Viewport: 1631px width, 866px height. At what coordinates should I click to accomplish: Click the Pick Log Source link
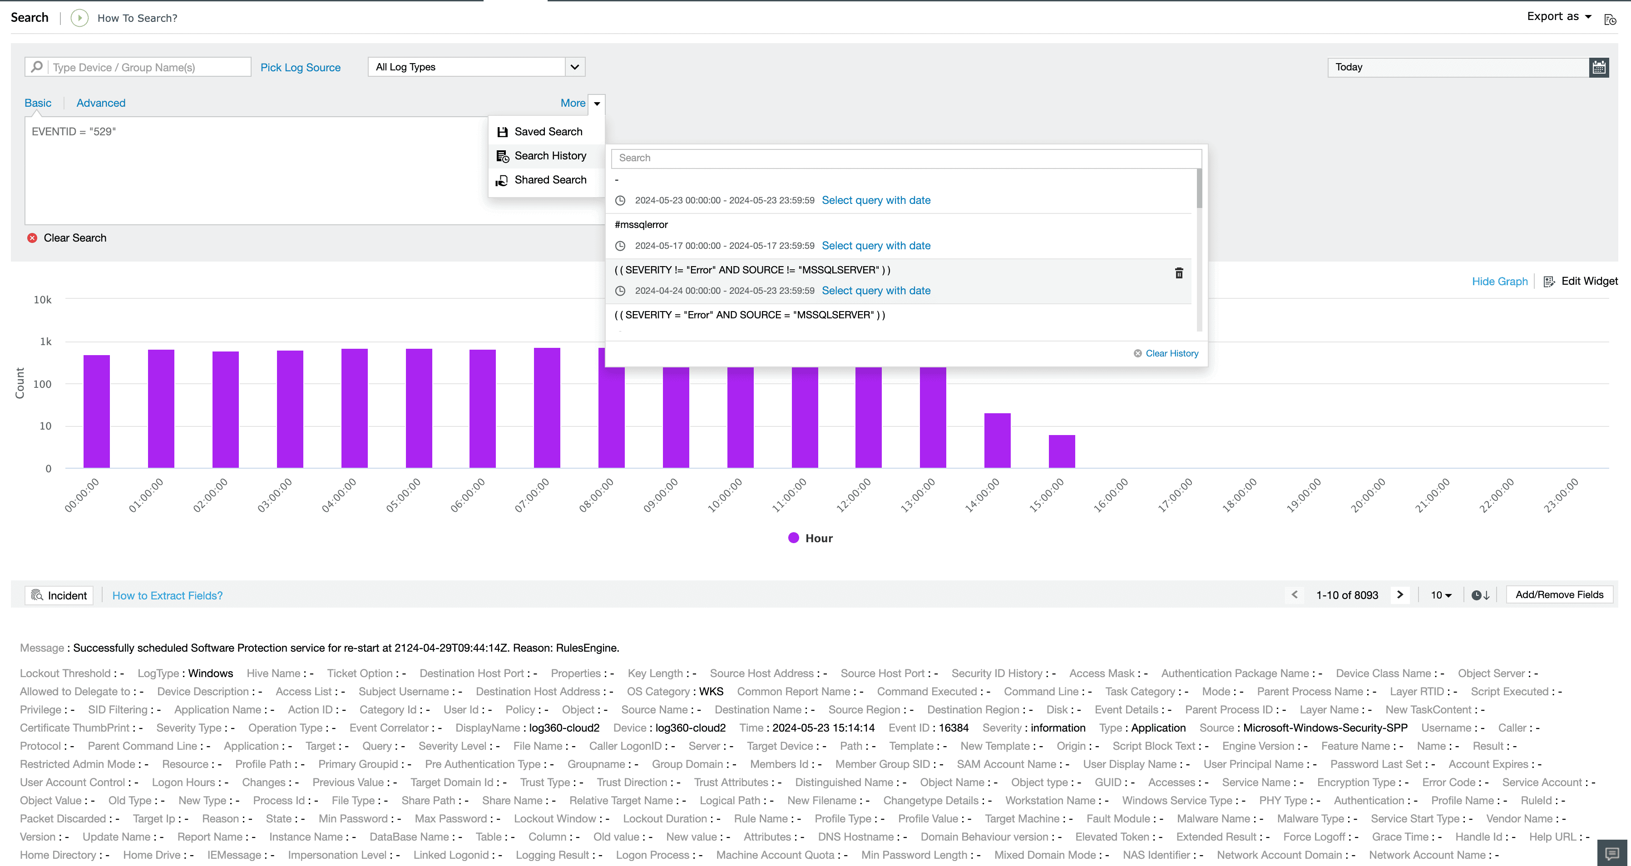pyautogui.click(x=300, y=67)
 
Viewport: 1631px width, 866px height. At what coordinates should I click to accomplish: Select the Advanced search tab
pyautogui.click(x=101, y=103)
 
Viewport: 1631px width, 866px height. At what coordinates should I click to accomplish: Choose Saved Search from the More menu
pyautogui.click(x=548, y=132)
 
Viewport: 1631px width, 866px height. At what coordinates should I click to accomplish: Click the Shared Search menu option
pyautogui.click(x=549, y=180)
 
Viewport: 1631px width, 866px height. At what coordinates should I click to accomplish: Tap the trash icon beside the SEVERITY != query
pyautogui.click(x=1178, y=273)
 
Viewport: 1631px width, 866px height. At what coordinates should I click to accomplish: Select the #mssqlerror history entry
pyautogui.click(x=641, y=225)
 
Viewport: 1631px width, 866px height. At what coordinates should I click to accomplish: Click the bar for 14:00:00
pyautogui.click(x=997, y=440)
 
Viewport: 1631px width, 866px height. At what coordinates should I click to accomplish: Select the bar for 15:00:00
pyautogui.click(x=1061, y=451)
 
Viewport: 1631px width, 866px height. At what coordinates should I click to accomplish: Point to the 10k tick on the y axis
pyautogui.click(x=42, y=299)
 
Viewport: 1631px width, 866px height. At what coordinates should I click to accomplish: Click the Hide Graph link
pyautogui.click(x=1499, y=281)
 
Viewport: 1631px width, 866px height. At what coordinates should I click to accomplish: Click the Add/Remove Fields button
pyautogui.click(x=1558, y=594)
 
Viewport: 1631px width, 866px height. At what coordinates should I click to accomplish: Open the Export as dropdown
pyautogui.click(x=1558, y=16)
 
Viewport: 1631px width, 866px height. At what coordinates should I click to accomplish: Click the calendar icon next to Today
pyautogui.click(x=1598, y=67)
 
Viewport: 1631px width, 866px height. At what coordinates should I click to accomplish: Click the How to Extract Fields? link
pyautogui.click(x=167, y=595)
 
